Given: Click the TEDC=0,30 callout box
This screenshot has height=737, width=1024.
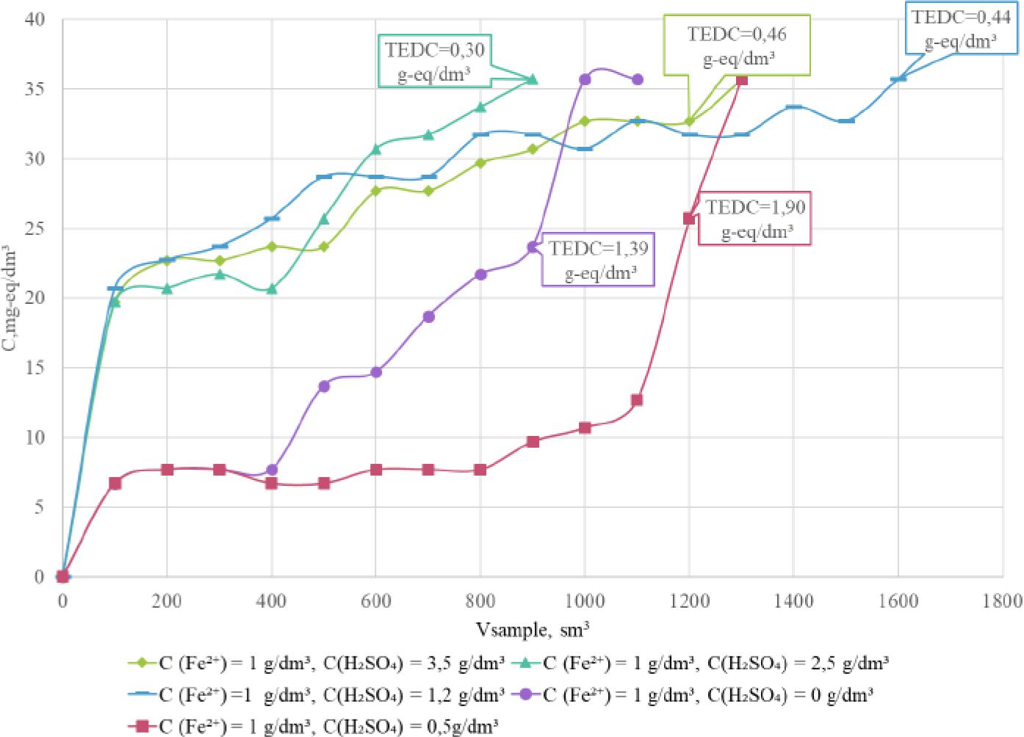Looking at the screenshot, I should pyautogui.click(x=433, y=61).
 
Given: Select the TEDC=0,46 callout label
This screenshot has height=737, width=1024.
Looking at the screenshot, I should pyautogui.click(x=737, y=46).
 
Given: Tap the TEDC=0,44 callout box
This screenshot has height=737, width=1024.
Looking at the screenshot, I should pyautogui.click(x=960, y=29).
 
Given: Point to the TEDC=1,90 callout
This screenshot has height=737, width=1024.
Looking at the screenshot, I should pyautogui.click(x=755, y=219).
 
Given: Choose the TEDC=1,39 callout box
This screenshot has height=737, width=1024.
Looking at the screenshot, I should pyautogui.click(x=598, y=260).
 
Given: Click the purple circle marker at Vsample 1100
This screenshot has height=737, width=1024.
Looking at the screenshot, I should pyautogui.click(x=638, y=79).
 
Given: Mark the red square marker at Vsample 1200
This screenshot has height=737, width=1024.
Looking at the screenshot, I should pyautogui.click(x=689, y=218).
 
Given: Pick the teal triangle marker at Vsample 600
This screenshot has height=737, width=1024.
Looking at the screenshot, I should pyautogui.click(x=376, y=149).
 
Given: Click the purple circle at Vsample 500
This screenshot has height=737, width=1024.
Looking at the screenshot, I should pyautogui.click(x=324, y=386).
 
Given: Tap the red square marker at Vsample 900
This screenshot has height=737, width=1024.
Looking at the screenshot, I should pyautogui.click(x=533, y=441).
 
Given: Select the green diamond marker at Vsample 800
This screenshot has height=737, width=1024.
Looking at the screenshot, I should pyautogui.click(x=480, y=163).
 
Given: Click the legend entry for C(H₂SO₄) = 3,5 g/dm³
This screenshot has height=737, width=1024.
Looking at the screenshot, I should pyautogui.click(x=317, y=663).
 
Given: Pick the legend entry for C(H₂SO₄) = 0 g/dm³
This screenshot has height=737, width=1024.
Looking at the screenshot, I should pyautogui.click(x=696, y=694).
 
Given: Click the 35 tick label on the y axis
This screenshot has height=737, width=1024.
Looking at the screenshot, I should pyautogui.click(x=35, y=90).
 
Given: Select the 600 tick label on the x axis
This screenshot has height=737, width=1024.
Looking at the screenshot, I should pyautogui.click(x=376, y=601).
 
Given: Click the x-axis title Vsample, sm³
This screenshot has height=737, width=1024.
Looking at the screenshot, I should pyautogui.click(x=533, y=630).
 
